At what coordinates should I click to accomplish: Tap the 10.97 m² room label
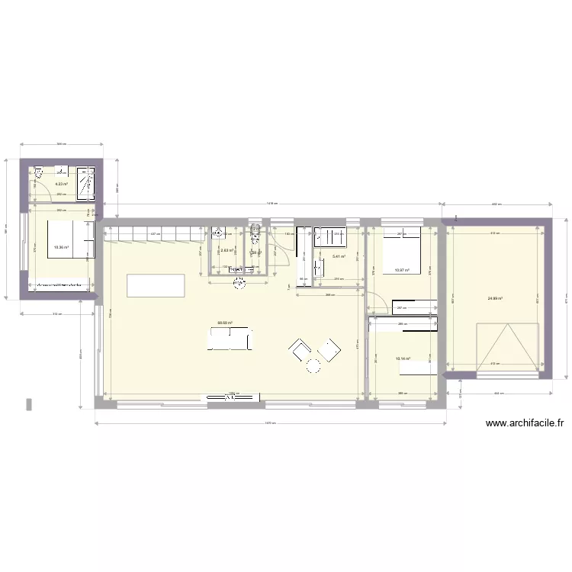[402, 270]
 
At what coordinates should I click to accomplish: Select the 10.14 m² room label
[403, 358]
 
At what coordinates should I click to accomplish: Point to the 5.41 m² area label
[339, 256]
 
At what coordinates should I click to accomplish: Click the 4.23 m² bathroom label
[60, 184]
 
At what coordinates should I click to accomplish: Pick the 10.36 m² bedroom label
[60, 247]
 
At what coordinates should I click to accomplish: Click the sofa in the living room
[228, 338]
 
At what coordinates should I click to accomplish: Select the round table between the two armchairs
[313, 366]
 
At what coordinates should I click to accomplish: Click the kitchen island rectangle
[156, 285]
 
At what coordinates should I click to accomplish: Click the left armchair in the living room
[298, 350]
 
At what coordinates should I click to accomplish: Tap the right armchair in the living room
[329, 350]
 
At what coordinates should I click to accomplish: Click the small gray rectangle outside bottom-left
[29, 403]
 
